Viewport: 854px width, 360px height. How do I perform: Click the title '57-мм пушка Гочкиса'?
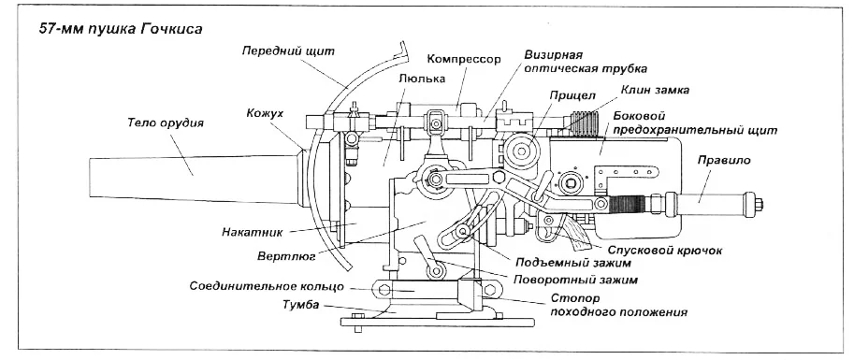click(x=121, y=29)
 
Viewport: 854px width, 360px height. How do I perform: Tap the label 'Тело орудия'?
click(x=165, y=123)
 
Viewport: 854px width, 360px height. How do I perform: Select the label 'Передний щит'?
click(x=288, y=51)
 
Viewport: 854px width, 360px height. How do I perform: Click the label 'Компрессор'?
click(x=464, y=59)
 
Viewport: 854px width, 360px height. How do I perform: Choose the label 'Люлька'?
click(x=422, y=79)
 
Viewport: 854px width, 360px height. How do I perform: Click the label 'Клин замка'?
click(x=655, y=90)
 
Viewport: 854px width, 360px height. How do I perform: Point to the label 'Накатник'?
click(x=253, y=233)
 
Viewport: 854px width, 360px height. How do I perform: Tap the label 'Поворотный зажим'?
click(x=575, y=280)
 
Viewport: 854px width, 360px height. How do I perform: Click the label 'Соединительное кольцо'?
click(x=267, y=286)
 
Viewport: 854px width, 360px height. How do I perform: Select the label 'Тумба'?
click(x=300, y=305)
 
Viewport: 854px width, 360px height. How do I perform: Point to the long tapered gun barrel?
click(x=194, y=180)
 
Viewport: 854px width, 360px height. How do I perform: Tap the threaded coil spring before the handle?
click(x=628, y=204)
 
